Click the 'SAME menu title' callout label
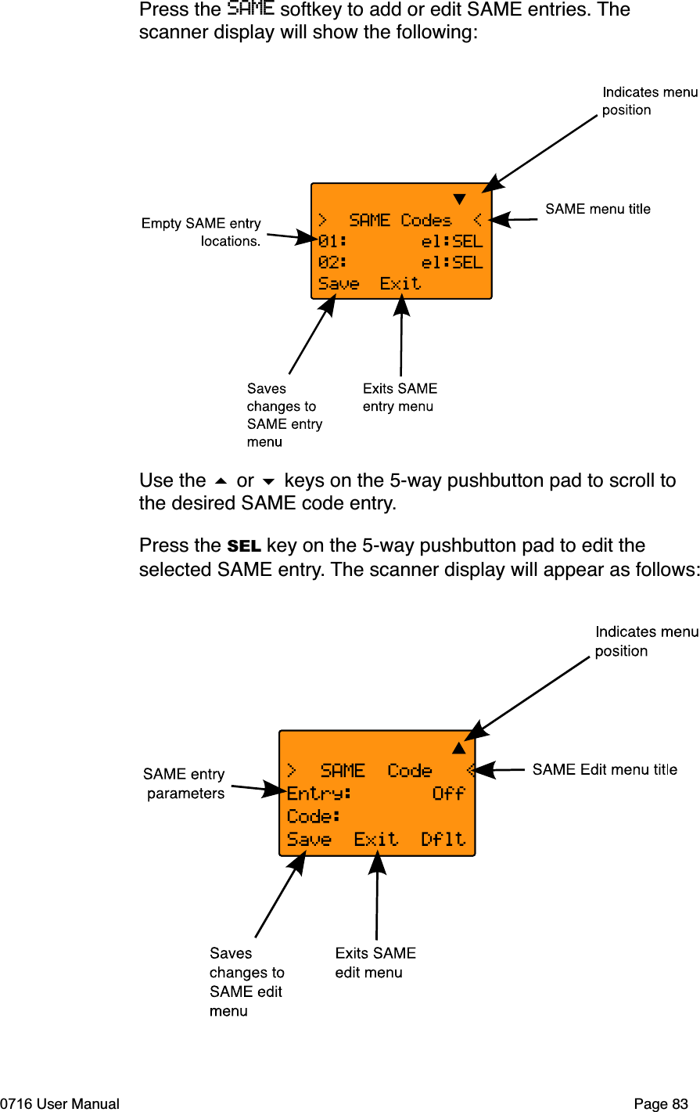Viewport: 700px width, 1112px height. tap(598, 209)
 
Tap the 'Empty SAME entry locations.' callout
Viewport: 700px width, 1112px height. tap(202, 232)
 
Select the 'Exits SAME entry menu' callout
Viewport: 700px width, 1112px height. tap(400, 398)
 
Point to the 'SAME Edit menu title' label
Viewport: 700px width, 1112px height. tap(605, 770)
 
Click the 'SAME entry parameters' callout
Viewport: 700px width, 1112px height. tap(185, 783)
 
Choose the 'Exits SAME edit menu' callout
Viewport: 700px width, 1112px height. tap(375, 963)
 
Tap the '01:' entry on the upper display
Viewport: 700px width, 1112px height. tap(332, 242)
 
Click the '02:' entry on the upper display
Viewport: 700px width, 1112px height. tap(332, 263)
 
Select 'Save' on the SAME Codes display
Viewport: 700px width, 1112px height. tap(339, 284)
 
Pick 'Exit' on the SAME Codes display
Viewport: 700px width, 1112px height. tap(400, 284)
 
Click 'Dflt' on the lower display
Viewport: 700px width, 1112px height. tap(443, 840)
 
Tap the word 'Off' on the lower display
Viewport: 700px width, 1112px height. tap(449, 794)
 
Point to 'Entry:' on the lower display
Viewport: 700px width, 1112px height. tap(319, 794)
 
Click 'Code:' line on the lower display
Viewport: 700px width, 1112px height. tap(314, 817)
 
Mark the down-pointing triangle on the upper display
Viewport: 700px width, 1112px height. tap(460, 199)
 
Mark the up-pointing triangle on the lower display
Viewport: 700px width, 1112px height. tap(459, 748)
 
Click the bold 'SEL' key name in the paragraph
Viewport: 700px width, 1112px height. tap(244, 546)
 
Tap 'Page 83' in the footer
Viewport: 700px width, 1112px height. tap(661, 1104)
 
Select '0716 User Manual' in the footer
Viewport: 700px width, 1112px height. tap(60, 1104)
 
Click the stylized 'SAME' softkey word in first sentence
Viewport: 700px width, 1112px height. tap(250, 9)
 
